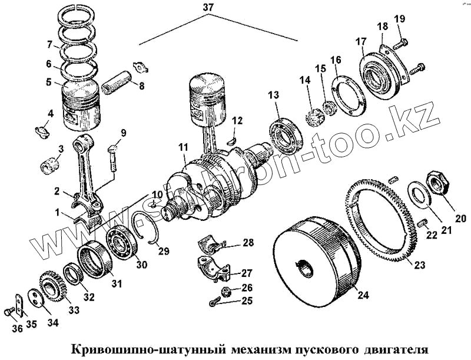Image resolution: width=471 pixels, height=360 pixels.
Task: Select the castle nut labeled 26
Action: pos(225,290)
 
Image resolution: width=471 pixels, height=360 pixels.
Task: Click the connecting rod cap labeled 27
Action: pos(218,268)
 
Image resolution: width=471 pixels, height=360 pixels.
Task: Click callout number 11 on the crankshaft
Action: pos(183,147)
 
